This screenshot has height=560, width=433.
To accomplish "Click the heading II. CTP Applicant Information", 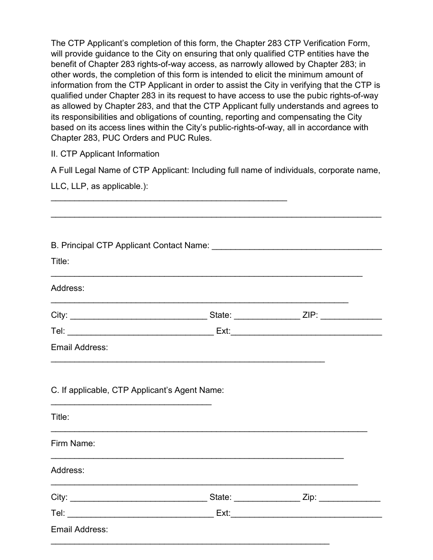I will point(105,154).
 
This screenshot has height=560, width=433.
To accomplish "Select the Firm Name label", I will point(73,443).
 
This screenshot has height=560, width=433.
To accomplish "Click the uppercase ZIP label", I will point(310,315).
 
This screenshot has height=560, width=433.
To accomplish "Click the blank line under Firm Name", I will point(197,457).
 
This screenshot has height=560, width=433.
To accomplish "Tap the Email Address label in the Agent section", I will point(79,529).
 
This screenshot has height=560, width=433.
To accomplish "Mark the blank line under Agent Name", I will point(131,403).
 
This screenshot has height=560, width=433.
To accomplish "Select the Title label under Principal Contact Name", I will point(60,261).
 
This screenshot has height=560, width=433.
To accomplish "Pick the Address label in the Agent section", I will point(67,470).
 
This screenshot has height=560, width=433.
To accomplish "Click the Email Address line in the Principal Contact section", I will point(187,361).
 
